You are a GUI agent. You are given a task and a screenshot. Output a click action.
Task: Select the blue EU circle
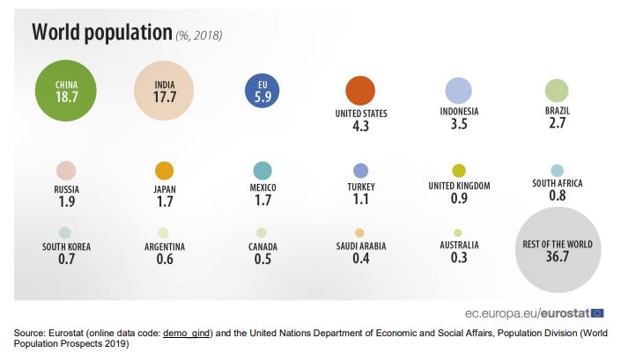point(262,90)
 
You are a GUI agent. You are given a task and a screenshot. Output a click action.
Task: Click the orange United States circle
point(360,91)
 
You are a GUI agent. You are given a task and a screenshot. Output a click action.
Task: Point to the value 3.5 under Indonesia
point(459,125)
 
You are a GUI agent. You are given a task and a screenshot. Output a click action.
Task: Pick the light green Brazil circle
point(557,90)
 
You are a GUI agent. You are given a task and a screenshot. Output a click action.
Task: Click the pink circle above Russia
point(66,171)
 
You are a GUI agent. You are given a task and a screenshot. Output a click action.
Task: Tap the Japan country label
point(165,187)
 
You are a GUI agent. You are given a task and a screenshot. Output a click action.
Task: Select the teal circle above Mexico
point(262,171)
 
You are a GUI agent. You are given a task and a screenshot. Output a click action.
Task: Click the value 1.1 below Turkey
point(360,201)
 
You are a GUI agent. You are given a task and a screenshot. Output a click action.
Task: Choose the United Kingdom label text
point(459,186)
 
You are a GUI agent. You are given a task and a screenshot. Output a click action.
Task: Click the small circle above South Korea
point(66,232)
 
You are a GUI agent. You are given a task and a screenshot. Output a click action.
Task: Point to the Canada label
point(262,246)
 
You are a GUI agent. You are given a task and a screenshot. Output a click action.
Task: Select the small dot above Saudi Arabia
point(360,232)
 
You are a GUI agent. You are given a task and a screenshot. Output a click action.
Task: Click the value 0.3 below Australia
point(459,258)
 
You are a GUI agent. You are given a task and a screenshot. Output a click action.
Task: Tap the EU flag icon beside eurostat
point(598,312)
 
